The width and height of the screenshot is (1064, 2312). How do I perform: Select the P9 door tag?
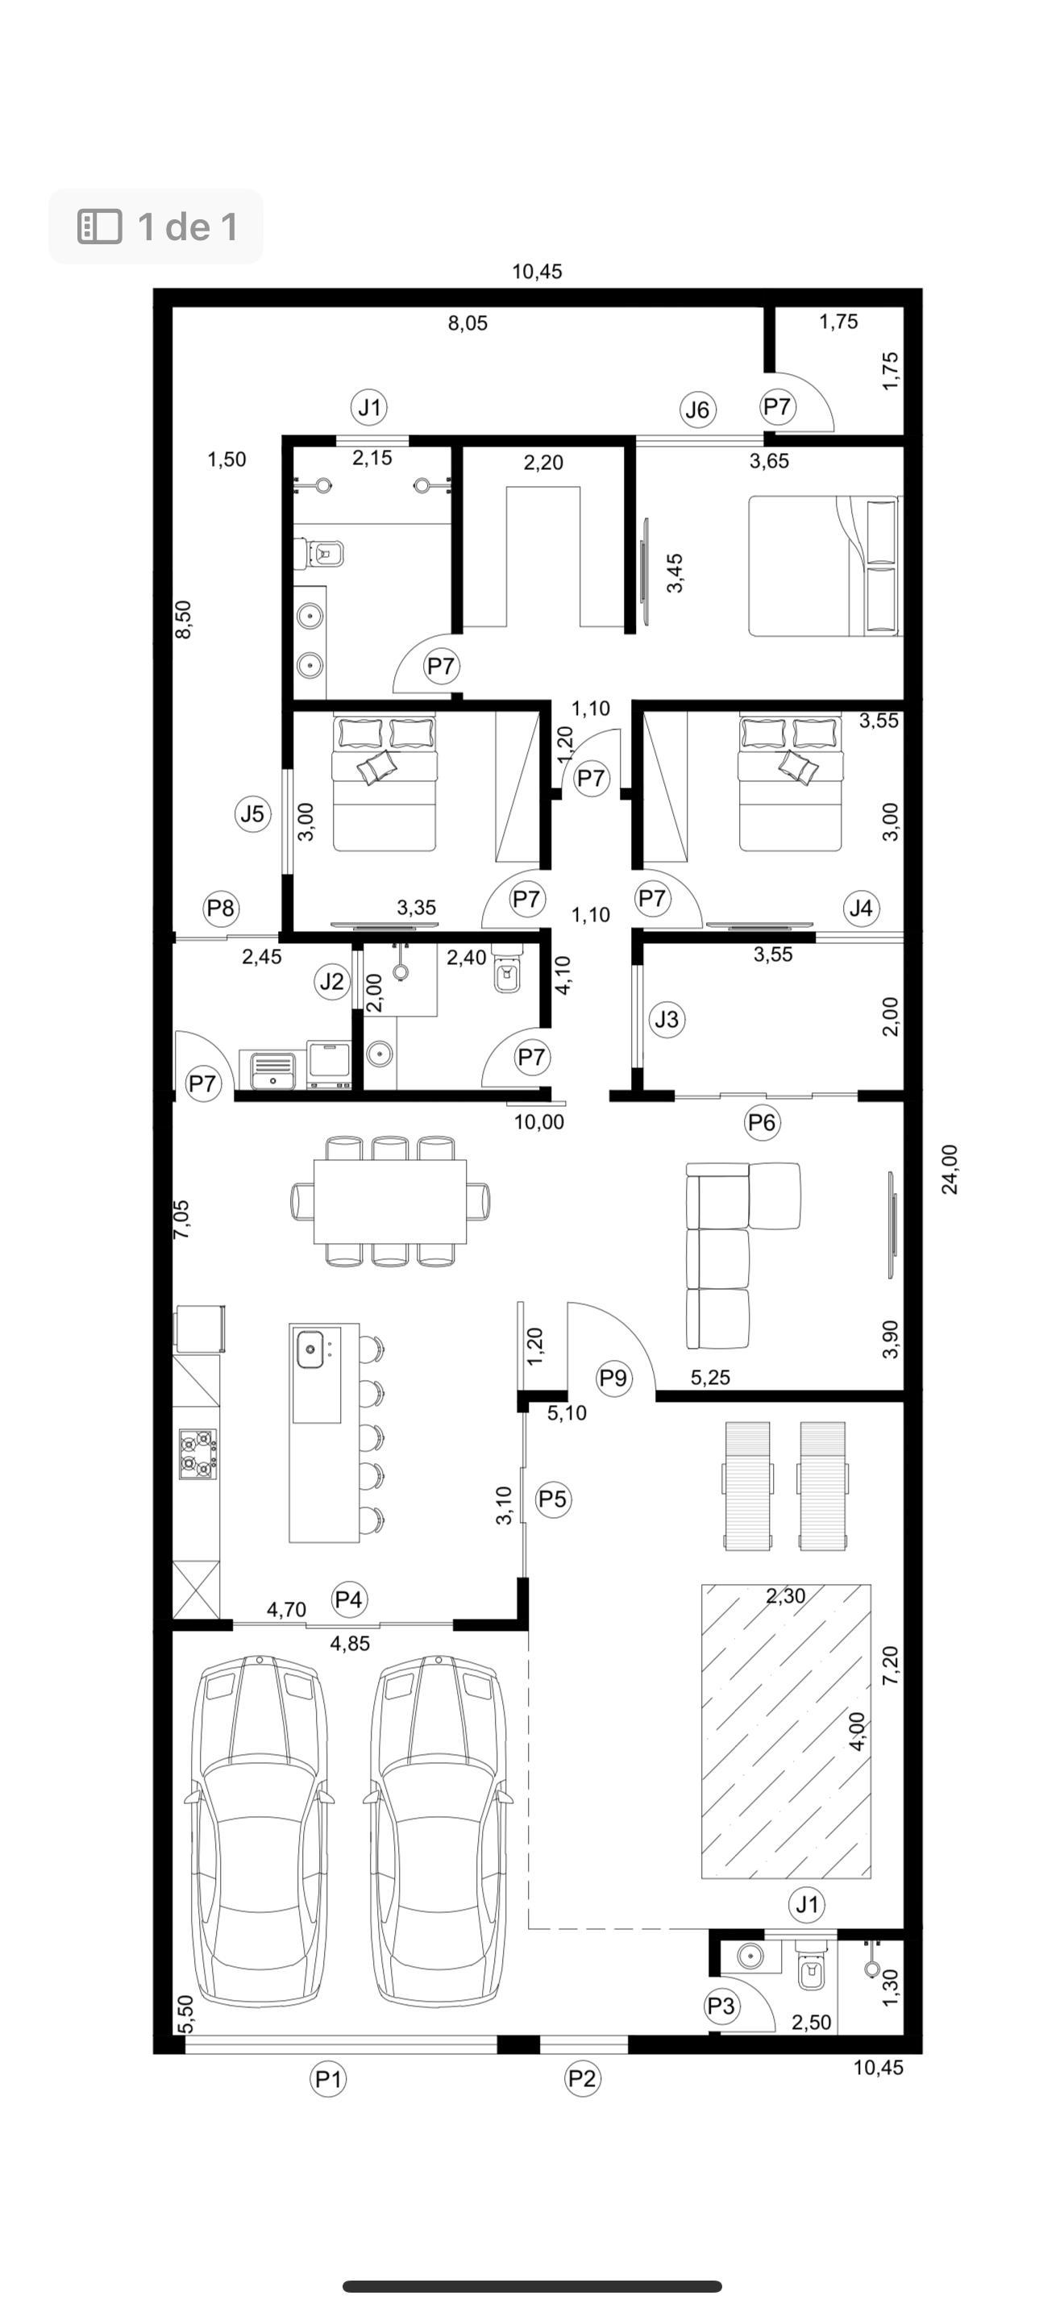tap(613, 1377)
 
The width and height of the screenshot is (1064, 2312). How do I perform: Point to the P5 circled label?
tap(554, 1499)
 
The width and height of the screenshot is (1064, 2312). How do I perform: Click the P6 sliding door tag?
tap(762, 1122)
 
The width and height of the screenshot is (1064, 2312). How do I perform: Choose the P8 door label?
tap(221, 909)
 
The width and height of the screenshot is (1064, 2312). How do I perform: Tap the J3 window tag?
tap(667, 1020)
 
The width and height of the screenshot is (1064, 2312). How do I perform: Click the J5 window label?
tap(253, 813)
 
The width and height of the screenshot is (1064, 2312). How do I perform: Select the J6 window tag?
tap(697, 410)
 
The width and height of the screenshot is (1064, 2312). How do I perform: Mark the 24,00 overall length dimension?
tap(950, 1169)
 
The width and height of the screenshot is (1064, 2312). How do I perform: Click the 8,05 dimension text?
tap(468, 323)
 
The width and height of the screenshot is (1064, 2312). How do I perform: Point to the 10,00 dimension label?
tap(539, 1122)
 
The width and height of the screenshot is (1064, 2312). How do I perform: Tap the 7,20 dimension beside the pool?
tap(890, 1665)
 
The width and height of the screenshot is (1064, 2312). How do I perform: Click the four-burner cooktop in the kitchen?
tap(198, 1454)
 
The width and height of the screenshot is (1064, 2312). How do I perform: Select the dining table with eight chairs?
tap(390, 1201)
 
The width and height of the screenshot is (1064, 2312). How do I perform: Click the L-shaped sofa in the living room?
tap(741, 1254)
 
